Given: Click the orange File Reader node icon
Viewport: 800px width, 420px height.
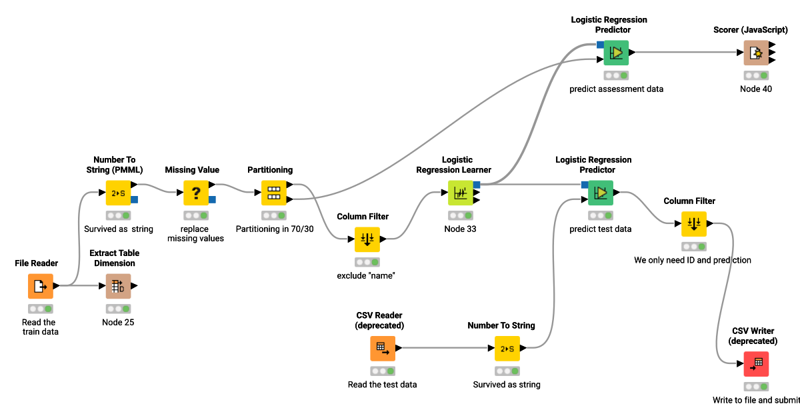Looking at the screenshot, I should (x=40, y=286).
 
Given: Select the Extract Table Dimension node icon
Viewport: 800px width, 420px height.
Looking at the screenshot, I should (x=119, y=286).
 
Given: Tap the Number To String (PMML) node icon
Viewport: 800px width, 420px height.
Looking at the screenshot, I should (x=119, y=193).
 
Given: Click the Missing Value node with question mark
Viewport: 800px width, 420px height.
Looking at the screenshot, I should (x=196, y=193).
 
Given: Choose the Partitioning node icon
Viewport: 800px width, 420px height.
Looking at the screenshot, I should (x=273, y=193).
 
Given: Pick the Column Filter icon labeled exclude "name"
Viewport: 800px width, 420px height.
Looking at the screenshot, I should (x=367, y=239).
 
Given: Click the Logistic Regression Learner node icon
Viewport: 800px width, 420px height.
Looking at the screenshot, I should (x=460, y=193).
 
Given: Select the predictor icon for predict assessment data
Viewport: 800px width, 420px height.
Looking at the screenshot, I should (x=616, y=53).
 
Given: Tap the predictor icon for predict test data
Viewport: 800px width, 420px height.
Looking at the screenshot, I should (x=601, y=193).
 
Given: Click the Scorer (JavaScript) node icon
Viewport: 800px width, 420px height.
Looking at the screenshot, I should (x=756, y=53).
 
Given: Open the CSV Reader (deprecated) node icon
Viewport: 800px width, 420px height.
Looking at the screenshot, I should (x=383, y=348).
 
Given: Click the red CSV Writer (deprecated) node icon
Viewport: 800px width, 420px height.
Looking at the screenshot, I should (x=756, y=364).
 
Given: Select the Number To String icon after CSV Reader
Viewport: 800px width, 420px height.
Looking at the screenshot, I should (x=507, y=348).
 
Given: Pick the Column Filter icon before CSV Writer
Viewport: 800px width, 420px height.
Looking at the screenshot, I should (x=693, y=224).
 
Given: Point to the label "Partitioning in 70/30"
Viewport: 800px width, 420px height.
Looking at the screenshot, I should (x=274, y=229).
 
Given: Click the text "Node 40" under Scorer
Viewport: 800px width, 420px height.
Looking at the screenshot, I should (x=756, y=89).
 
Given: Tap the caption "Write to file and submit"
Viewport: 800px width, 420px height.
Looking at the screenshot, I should (x=756, y=400).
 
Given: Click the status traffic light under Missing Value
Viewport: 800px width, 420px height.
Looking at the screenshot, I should (x=196, y=215).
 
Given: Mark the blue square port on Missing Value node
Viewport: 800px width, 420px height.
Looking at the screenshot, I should (x=212, y=199).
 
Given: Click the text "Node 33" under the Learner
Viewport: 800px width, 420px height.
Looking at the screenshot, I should (x=460, y=229).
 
